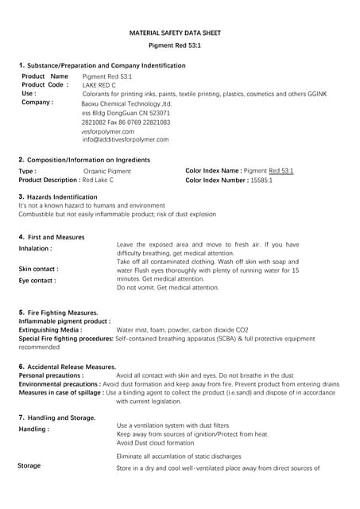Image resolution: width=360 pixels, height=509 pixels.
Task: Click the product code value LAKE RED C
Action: pyautogui.click(x=99, y=84)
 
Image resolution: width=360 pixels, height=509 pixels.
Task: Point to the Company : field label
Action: pyautogui.click(x=37, y=103)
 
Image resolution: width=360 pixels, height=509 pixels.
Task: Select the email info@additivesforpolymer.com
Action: pyautogui.click(x=126, y=140)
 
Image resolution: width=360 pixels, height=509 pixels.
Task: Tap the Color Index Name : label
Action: pyautogui.click(x=213, y=171)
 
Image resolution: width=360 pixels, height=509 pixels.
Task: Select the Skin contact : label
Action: pyautogui.click(x=38, y=269)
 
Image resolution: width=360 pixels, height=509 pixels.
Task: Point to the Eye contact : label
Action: pyautogui.click(x=37, y=281)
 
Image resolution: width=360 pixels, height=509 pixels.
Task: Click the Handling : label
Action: pyautogui.click(x=33, y=429)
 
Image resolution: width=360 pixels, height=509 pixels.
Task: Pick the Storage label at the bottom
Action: pyautogui.click(x=29, y=465)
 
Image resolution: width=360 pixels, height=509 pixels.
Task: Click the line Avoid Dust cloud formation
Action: pyautogui.click(x=155, y=443)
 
